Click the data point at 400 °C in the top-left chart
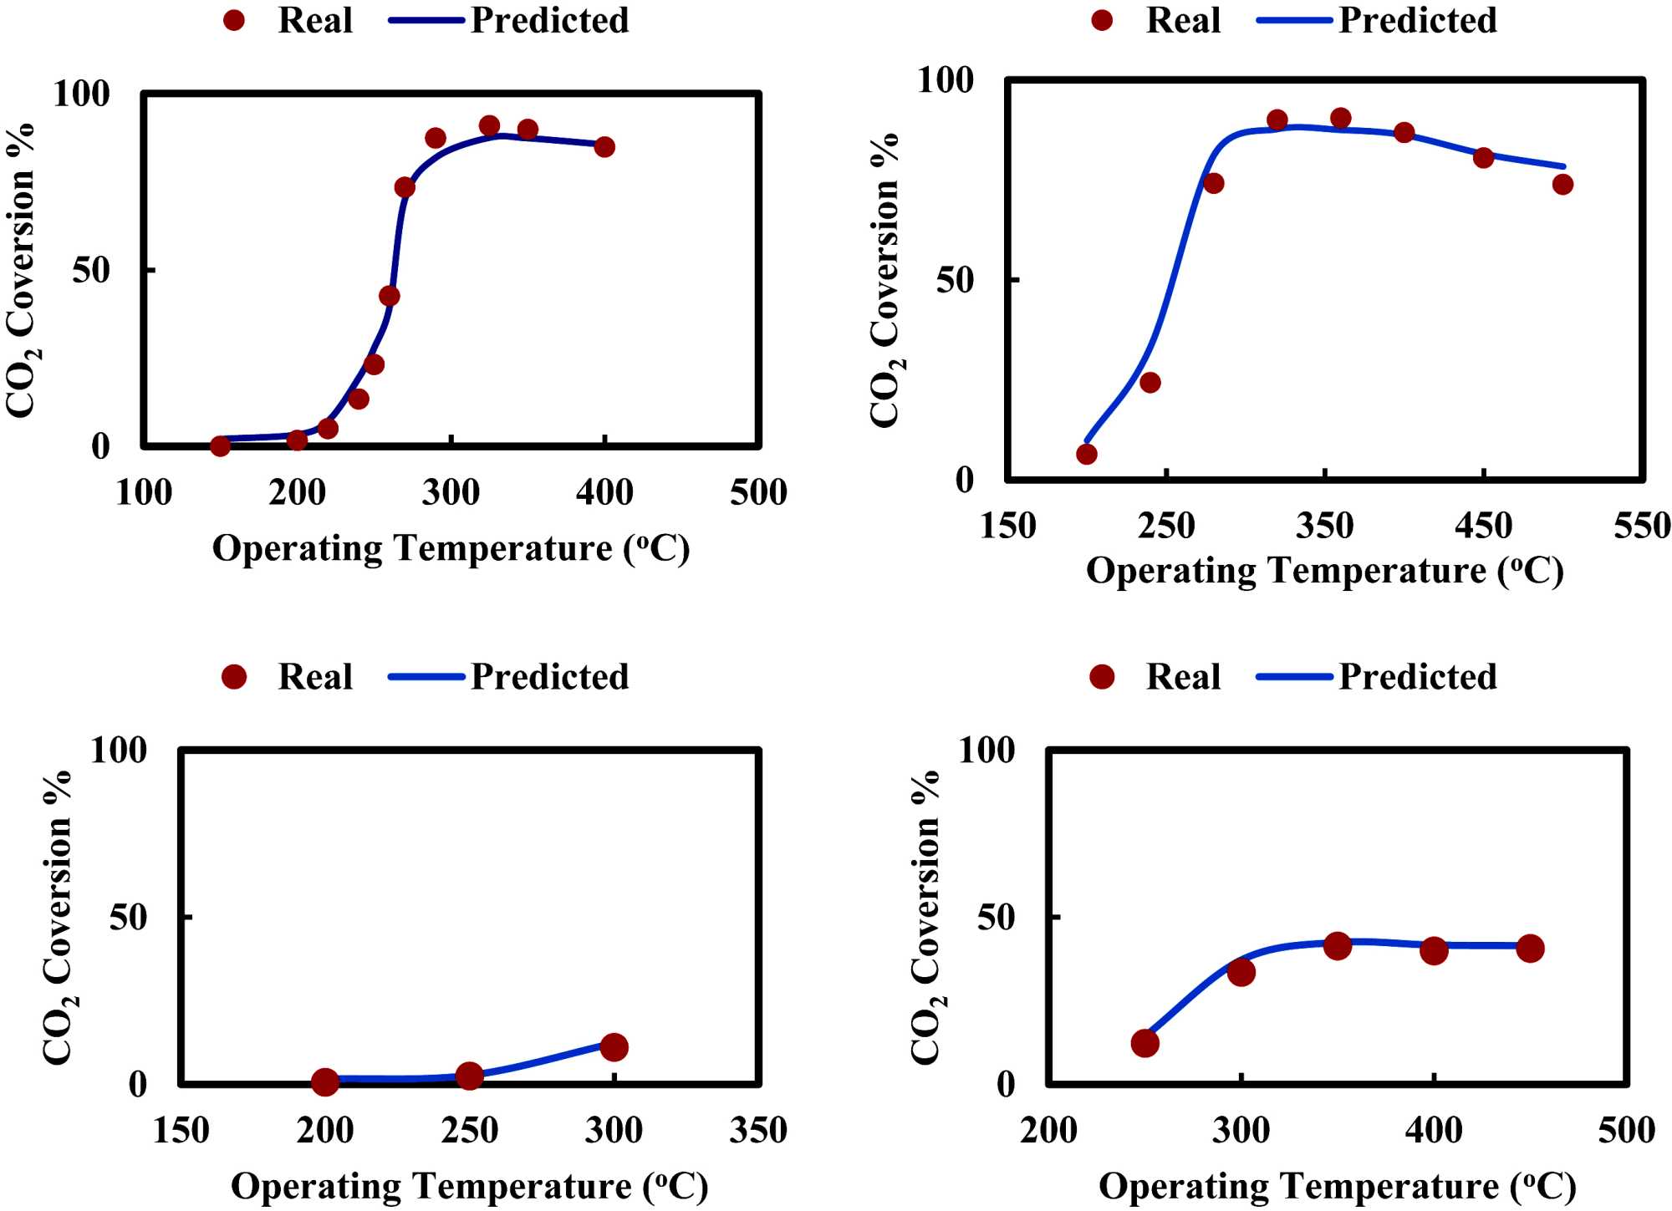pos(604,147)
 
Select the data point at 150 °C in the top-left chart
pos(220,446)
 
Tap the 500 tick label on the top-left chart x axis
pos(758,492)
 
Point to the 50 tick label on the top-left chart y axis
pos(91,270)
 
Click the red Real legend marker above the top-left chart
pos(234,21)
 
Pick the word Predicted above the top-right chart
pos(1418,21)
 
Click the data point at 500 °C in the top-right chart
pos(1562,185)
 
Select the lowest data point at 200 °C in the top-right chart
pos(1087,454)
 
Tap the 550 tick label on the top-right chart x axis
pos(1642,526)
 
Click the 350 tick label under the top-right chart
pos(1325,526)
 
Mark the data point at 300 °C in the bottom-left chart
pos(614,1047)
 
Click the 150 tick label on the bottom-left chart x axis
pos(181,1131)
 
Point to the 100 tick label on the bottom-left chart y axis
pos(118,750)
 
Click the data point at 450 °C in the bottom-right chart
pos(1530,949)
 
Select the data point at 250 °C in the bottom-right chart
pos(1144,1043)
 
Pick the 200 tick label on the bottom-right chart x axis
pos(1048,1131)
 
